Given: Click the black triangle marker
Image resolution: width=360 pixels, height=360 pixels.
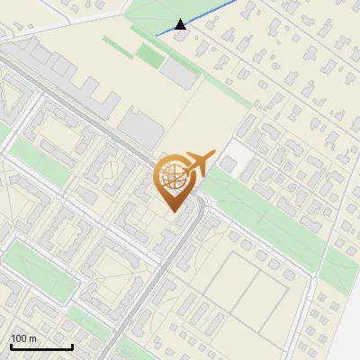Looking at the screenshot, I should [x=181, y=24].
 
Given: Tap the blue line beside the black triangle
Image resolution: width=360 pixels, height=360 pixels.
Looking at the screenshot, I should [x=211, y=14].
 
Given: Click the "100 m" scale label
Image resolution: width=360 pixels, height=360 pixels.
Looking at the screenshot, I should [x=23, y=338].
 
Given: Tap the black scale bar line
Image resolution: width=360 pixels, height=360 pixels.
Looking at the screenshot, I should [x=41, y=346].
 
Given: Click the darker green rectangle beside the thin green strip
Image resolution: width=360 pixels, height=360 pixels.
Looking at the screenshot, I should [x=149, y=55].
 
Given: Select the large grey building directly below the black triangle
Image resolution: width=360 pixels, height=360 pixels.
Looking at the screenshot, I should [x=180, y=74].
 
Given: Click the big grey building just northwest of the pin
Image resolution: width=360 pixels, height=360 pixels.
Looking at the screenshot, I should [x=140, y=130].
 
